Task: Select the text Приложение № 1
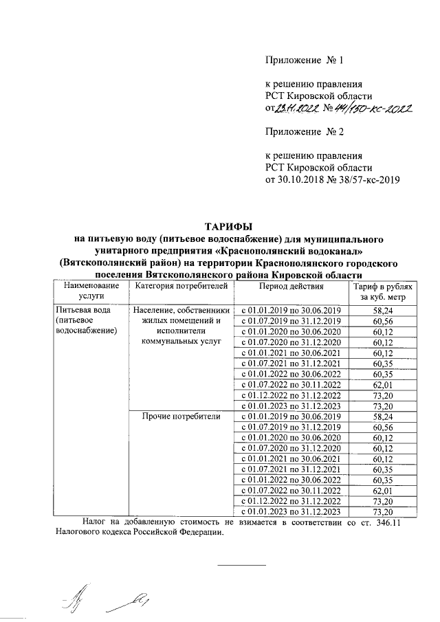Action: click(304, 60)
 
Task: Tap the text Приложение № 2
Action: click(304, 131)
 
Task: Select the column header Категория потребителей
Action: click(177, 285)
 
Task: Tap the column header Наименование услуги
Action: click(87, 291)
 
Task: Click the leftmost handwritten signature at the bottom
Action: click(70, 600)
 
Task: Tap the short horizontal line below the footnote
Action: click(242, 565)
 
